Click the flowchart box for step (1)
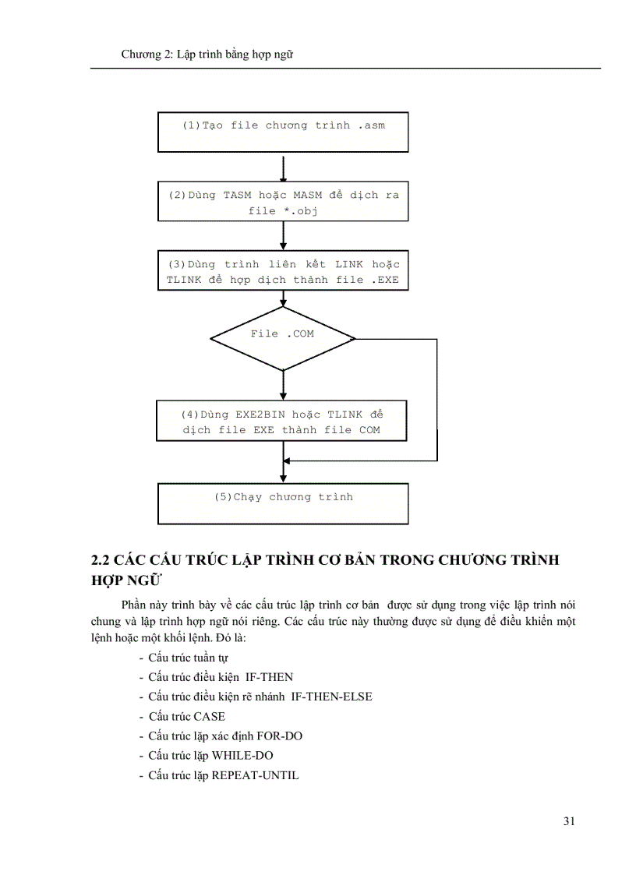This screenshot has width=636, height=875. click(x=283, y=132)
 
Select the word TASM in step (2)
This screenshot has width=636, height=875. click(x=238, y=195)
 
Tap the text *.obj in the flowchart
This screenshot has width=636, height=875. click(x=299, y=210)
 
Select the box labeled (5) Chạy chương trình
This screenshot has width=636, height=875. click(x=283, y=503)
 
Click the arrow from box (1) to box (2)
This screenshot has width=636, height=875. click(x=283, y=167)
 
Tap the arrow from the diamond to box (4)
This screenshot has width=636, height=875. click(x=283, y=385)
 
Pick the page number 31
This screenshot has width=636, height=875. click(x=569, y=820)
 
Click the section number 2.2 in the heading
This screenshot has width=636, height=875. click(x=101, y=560)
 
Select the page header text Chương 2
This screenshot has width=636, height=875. click(x=147, y=55)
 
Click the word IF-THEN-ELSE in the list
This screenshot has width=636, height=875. click(x=331, y=697)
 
